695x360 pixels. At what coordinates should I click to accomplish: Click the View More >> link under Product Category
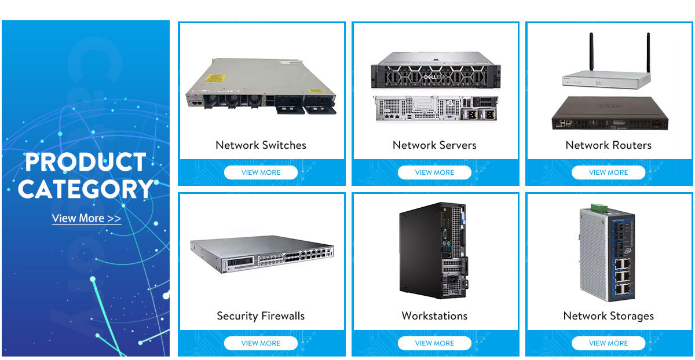point(86,218)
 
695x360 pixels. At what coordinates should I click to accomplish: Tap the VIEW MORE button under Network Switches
point(261,172)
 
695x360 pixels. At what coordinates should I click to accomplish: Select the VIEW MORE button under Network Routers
point(608,172)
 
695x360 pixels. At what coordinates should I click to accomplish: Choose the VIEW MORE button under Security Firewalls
point(261,343)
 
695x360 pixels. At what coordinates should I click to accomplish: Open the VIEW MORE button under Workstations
point(434,343)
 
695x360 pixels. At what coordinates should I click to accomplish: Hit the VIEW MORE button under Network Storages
point(608,343)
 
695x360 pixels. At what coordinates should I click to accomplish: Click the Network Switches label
point(261,145)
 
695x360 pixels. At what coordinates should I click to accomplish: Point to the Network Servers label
point(434,145)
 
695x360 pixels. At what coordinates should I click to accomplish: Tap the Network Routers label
point(608,145)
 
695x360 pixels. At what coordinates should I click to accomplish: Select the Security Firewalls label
point(261,316)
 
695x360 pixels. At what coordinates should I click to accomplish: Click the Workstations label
point(434,316)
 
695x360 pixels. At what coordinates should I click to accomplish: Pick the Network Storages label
point(608,316)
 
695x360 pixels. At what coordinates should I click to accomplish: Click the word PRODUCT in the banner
point(86,163)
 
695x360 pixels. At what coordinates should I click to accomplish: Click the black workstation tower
point(433,250)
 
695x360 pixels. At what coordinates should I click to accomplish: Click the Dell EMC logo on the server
point(434,77)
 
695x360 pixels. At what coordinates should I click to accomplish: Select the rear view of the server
point(434,109)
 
